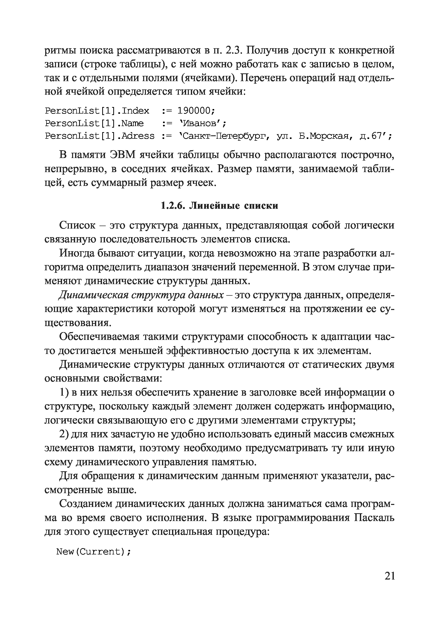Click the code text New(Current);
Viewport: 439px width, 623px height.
point(94,552)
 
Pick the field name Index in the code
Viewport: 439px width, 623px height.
point(135,111)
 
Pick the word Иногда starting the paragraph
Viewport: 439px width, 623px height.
point(77,253)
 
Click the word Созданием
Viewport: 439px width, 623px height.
point(85,504)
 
